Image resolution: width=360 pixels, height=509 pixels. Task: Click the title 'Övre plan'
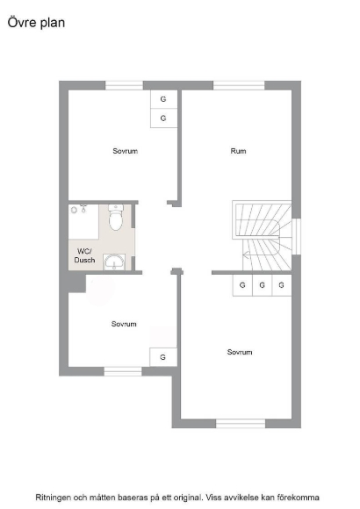coord(36,23)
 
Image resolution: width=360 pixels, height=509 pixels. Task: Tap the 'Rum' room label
coord(238,151)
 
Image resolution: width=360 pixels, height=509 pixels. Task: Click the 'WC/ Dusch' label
coord(84,255)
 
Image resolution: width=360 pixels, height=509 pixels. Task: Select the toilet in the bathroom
coord(116,217)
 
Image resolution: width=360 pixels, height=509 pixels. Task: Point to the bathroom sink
coord(114,262)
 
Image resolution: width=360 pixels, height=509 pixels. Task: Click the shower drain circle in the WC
coord(74,210)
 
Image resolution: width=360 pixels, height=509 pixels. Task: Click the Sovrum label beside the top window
coord(125,151)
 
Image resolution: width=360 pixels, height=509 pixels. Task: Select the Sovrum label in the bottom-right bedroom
coord(240,352)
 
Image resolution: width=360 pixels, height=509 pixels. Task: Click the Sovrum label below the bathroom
coord(124,324)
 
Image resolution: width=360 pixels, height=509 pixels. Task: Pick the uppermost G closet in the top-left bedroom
coord(163,99)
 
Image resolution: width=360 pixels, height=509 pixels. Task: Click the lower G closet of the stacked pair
coord(163,118)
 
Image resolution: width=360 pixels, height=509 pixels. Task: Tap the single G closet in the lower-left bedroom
coord(163,357)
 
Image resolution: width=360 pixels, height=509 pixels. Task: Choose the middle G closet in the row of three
coord(263,285)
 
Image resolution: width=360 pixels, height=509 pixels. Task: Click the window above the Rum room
coord(239,85)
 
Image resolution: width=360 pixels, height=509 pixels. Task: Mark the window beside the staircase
coord(296,236)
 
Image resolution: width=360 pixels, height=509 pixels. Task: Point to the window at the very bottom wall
coord(241,423)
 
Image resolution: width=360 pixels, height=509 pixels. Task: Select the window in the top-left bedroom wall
coord(124,85)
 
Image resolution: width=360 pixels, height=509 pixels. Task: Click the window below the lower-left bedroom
coord(123,371)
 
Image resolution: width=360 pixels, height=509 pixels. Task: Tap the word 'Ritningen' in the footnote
coord(53,498)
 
